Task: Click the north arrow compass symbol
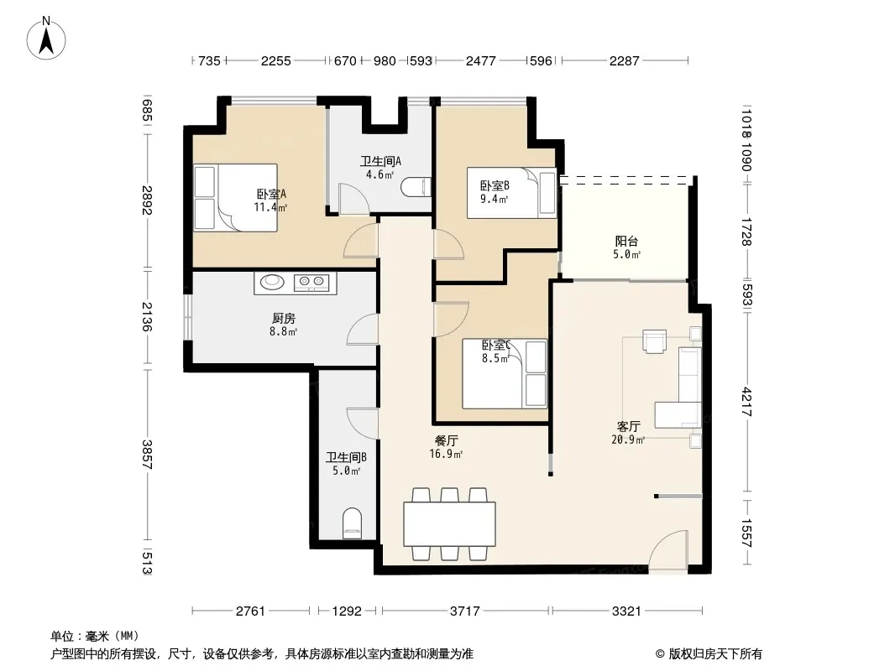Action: [x=46, y=39]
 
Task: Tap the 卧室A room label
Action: [x=271, y=194]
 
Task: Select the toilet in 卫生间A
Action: [x=416, y=187]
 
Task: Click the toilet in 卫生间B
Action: [x=352, y=523]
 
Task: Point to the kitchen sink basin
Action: [x=272, y=281]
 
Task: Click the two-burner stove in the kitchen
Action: [x=311, y=282]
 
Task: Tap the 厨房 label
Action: [x=283, y=318]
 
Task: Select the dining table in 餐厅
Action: [x=449, y=524]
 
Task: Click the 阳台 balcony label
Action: [x=626, y=242]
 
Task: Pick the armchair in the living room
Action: [x=654, y=341]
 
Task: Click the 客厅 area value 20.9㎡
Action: [x=628, y=440]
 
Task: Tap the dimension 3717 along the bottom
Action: [x=464, y=611]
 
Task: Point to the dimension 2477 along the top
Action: [x=480, y=60]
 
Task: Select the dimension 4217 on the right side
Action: [x=746, y=402]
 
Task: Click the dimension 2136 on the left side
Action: [x=147, y=317]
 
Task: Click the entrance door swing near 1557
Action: [x=668, y=550]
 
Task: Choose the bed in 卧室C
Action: [x=505, y=374]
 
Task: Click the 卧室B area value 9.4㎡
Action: [x=494, y=199]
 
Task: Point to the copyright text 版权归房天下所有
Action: [x=715, y=654]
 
